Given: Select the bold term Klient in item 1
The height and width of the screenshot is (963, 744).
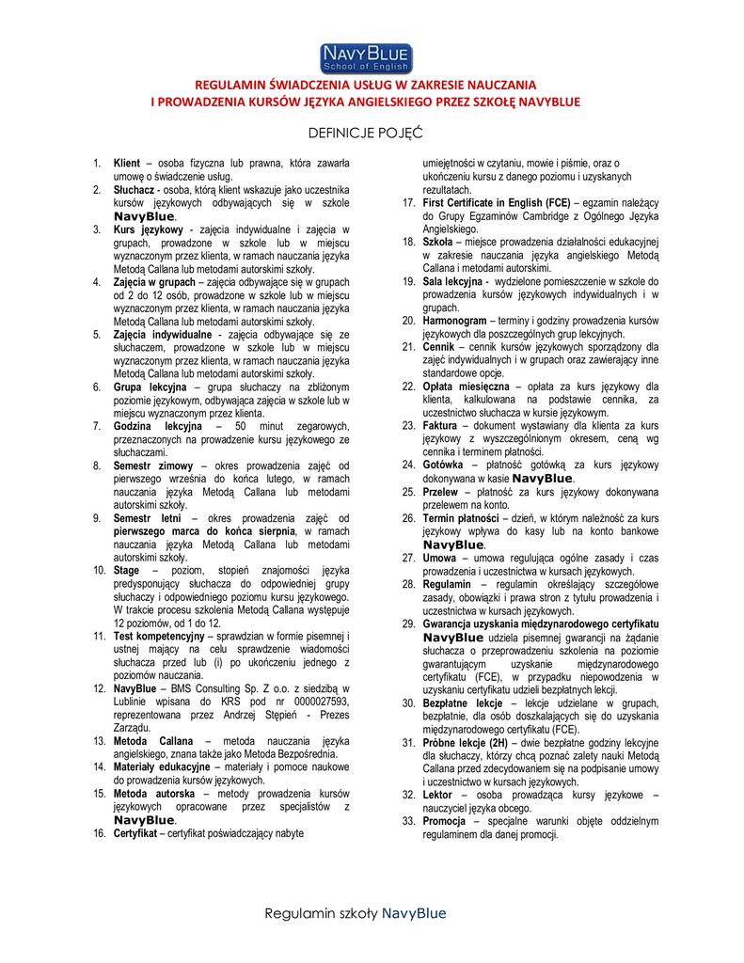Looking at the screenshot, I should tap(127, 164).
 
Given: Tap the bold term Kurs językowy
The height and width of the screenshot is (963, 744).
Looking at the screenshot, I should tap(149, 229).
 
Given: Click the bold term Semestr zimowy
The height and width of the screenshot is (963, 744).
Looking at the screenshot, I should tap(153, 466).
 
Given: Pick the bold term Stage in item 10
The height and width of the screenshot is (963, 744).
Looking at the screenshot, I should tap(126, 570).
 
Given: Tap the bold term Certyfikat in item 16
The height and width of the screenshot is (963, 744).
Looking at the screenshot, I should tap(138, 833).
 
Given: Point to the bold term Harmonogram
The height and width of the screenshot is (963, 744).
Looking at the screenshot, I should tap(455, 321).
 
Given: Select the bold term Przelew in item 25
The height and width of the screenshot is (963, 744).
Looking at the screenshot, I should tap(440, 491).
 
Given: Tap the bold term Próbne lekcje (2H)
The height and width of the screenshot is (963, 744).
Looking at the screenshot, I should tap(466, 743).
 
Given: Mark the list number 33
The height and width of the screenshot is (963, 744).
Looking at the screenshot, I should tap(408, 821).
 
